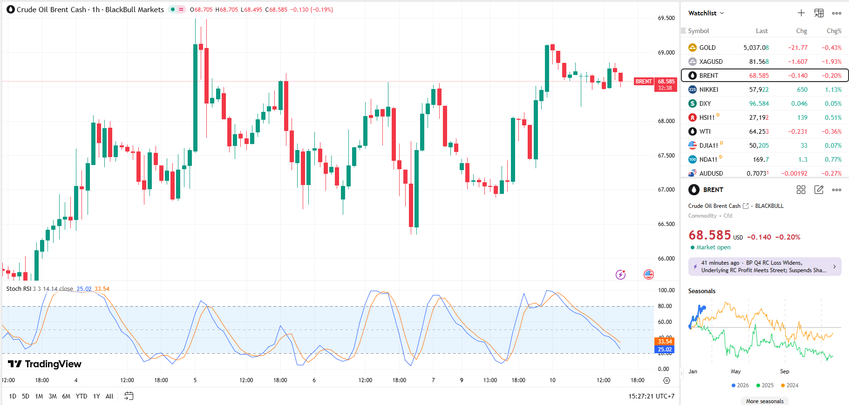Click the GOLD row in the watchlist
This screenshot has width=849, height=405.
tap(707, 48)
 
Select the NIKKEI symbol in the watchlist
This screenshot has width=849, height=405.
tap(708, 89)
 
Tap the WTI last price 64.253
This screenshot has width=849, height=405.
tap(759, 131)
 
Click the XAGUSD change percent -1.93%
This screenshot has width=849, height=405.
tap(831, 62)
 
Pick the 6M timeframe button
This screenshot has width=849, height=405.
tap(66, 396)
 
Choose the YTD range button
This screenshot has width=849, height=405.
tap(82, 396)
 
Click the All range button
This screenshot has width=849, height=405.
tap(109, 396)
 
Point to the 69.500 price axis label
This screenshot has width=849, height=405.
tap(666, 18)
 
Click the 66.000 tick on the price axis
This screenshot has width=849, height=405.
tap(666, 259)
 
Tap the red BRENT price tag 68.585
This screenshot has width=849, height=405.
tap(666, 82)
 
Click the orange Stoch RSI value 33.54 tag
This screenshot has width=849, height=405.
tap(665, 342)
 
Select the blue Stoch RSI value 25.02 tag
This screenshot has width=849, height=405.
tap(665, 350)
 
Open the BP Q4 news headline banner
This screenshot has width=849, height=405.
tap(764, 267)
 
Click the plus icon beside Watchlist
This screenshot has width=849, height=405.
tap(801, 13)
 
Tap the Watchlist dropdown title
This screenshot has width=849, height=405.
tap(706, 13)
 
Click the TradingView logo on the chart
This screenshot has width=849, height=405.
tap(45, 364)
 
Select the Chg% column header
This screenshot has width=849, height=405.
tap(834, 31)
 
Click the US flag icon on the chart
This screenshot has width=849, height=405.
tap(649, 275)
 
